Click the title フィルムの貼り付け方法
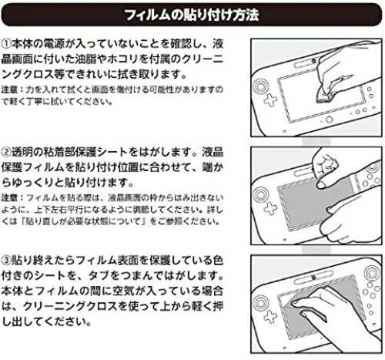tap(191, 15)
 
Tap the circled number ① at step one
tap(6, 44)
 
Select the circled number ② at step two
tap(6, 152)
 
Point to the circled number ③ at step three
tap(6, 261)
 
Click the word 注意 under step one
tap(9, 89)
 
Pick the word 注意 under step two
tap(9, 197)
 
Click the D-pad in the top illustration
tap(270, 100)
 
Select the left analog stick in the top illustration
tap(260, 86)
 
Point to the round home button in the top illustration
tap(329, 119)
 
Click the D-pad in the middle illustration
tap(270, 208)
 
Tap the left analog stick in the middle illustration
tap(260, 194)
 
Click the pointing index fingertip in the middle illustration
tap(321, 184)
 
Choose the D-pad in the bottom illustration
tap(270, 317)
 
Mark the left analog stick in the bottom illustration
tap(260, 302)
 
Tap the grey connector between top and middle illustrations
tap(316, 141)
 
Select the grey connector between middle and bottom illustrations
tap(316, 250)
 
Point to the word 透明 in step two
tap(22, 152)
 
